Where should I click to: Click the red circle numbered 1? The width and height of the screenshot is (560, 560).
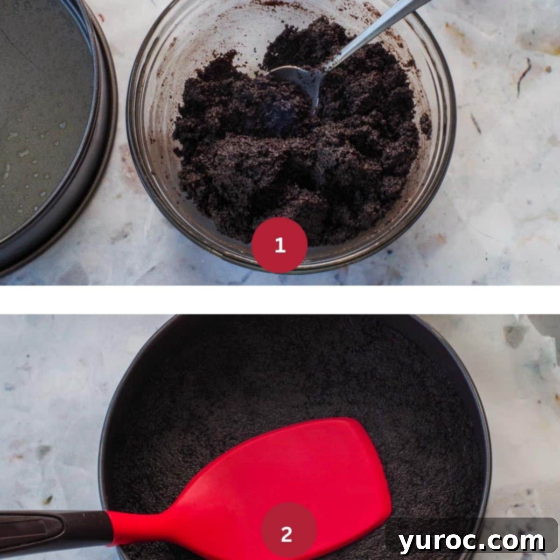(x=280, y=245)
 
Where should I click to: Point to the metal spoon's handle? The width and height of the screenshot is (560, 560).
(x=373, y=33)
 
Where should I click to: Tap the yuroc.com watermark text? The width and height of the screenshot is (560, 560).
(x=471, y=541)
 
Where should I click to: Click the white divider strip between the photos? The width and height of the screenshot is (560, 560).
(x=280, y=299)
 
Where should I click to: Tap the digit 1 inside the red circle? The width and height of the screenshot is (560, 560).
(x=280, y=245)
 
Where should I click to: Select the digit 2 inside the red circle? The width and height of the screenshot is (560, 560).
(x=287, y=533)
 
